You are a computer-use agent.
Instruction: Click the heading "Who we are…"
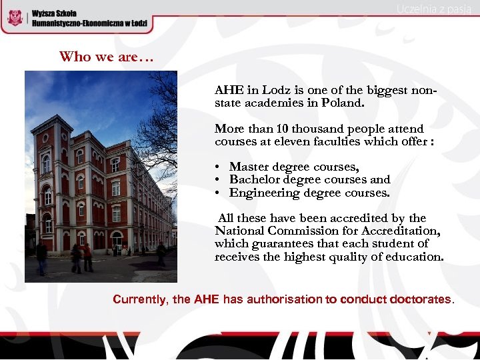107,57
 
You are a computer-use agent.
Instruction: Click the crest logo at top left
15,17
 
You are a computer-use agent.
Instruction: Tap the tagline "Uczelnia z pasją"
434,9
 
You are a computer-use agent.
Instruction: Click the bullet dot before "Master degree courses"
218,167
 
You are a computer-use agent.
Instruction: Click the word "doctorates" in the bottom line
416,299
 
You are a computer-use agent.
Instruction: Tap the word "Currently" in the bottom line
140,299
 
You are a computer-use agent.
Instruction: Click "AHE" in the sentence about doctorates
207,299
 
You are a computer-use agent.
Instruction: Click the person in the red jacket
87,257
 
